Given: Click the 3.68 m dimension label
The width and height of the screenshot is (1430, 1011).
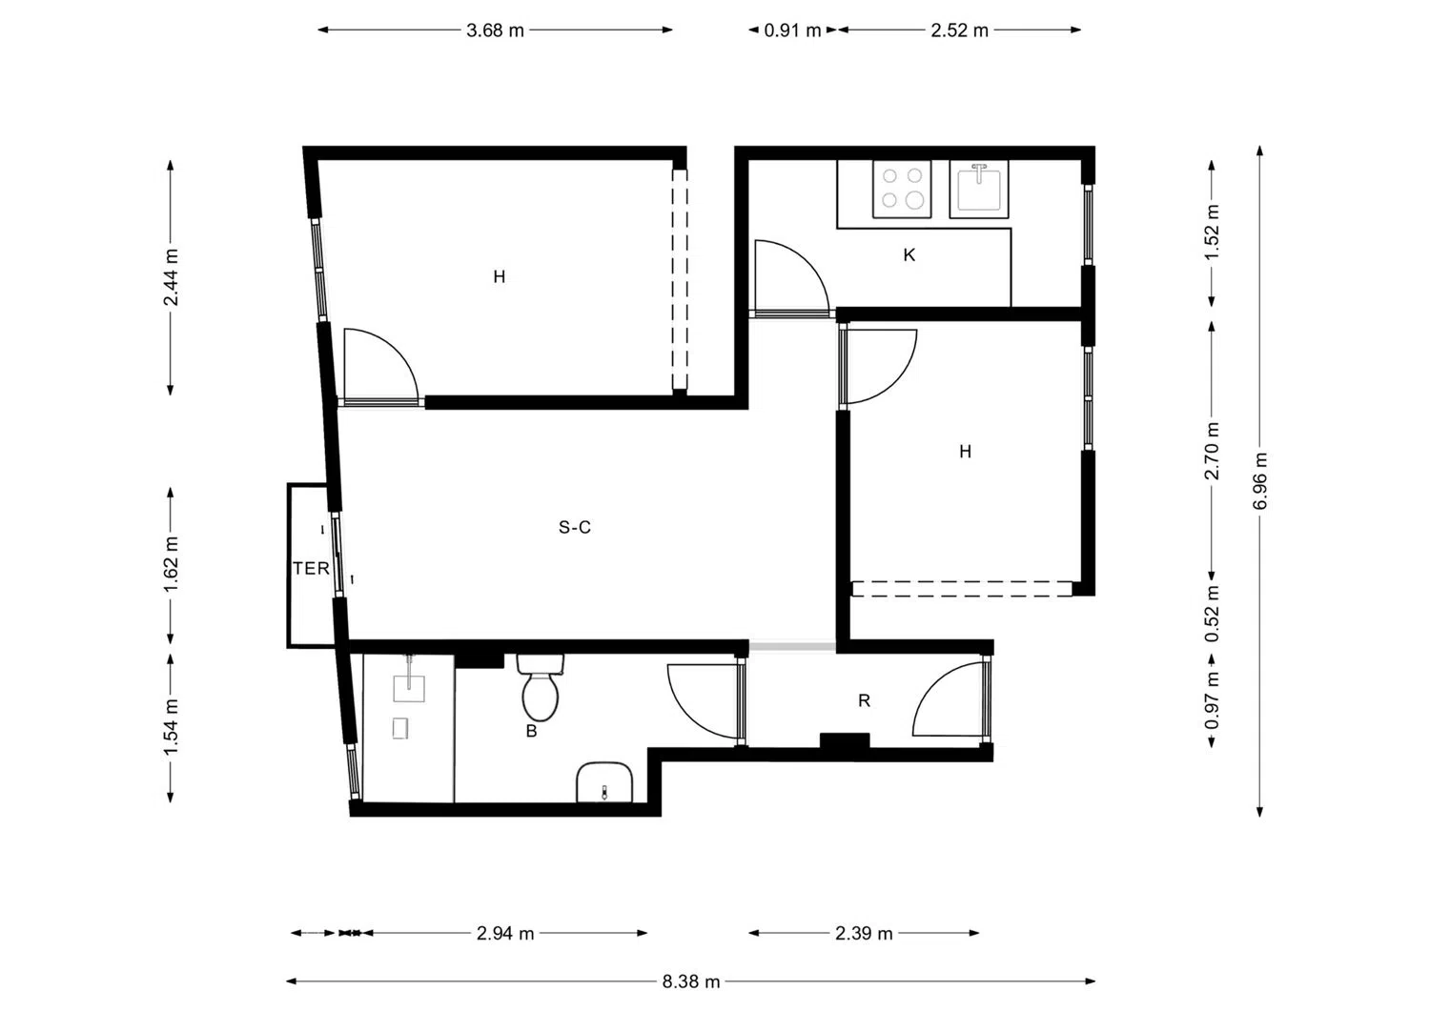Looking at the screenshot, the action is click(x=495, y=30).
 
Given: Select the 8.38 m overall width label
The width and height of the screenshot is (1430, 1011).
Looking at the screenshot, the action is click(x=691, y=981).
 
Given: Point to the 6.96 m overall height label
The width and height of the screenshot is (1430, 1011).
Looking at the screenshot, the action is click(x=1259, y=480).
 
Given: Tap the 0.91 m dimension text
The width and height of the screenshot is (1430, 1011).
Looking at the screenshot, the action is click(x=792, y=30).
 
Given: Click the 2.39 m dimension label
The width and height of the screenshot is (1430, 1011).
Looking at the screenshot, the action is click(x=864, y=933).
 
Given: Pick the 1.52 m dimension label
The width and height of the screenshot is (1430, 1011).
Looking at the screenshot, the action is click(x=1212, y=232).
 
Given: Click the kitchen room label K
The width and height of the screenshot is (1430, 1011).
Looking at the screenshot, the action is click(x=909, y=255).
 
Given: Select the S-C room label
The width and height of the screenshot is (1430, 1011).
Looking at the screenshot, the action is click(x=575, y=527).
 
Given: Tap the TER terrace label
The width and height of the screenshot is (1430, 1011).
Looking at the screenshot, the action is click(x=311, y=568).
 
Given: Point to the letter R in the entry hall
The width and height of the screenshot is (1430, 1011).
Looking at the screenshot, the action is click(x=864, y=700).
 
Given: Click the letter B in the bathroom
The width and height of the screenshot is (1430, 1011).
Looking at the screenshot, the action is click(x=531, y=732).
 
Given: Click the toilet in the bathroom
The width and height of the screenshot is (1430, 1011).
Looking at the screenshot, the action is click(x=541, y=688).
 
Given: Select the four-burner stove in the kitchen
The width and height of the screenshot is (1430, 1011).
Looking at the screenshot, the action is click(x=902, y=189).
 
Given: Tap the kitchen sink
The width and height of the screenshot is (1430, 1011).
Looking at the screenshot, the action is click(x=979, y=189).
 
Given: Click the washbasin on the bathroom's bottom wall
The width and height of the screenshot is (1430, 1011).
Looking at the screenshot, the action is click(x=603, y=782).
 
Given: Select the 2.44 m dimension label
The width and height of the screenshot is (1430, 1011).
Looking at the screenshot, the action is click(x=171, y=277).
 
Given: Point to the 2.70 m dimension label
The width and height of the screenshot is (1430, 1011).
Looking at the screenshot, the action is click(x=1212, y=451).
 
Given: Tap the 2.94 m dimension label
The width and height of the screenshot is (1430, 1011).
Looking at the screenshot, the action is click(x=505, y=933).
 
